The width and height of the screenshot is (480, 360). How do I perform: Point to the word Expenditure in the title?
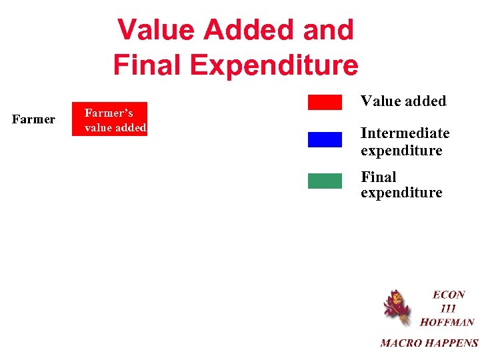[x=278, y=65]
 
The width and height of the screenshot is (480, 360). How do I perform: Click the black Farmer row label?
[x=33, y=119]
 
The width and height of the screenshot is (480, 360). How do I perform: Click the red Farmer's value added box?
[x=109, y=119]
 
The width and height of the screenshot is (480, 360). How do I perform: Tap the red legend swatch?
[x=325, y=102]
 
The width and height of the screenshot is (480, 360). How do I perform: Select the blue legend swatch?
[x=325, y=139]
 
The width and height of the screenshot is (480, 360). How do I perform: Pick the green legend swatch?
[x=325, y=181]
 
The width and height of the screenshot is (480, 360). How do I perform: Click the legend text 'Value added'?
[x=403, y=101]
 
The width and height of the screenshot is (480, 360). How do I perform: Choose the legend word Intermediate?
[x=405, y=133]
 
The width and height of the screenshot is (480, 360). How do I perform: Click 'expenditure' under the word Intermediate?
[x=401, y=151]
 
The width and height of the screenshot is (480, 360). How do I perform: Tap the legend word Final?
[x=379, y=177]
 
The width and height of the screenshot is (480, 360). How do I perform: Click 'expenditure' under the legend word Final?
[x=401, y=193]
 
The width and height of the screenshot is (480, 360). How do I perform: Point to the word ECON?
[x=449, y=295]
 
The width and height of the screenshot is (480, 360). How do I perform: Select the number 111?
[x=448, y=309]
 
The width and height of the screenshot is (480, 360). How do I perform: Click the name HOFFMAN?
[x=447, y=323]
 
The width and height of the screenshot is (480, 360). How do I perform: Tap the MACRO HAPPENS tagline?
[x=429, y=343]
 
